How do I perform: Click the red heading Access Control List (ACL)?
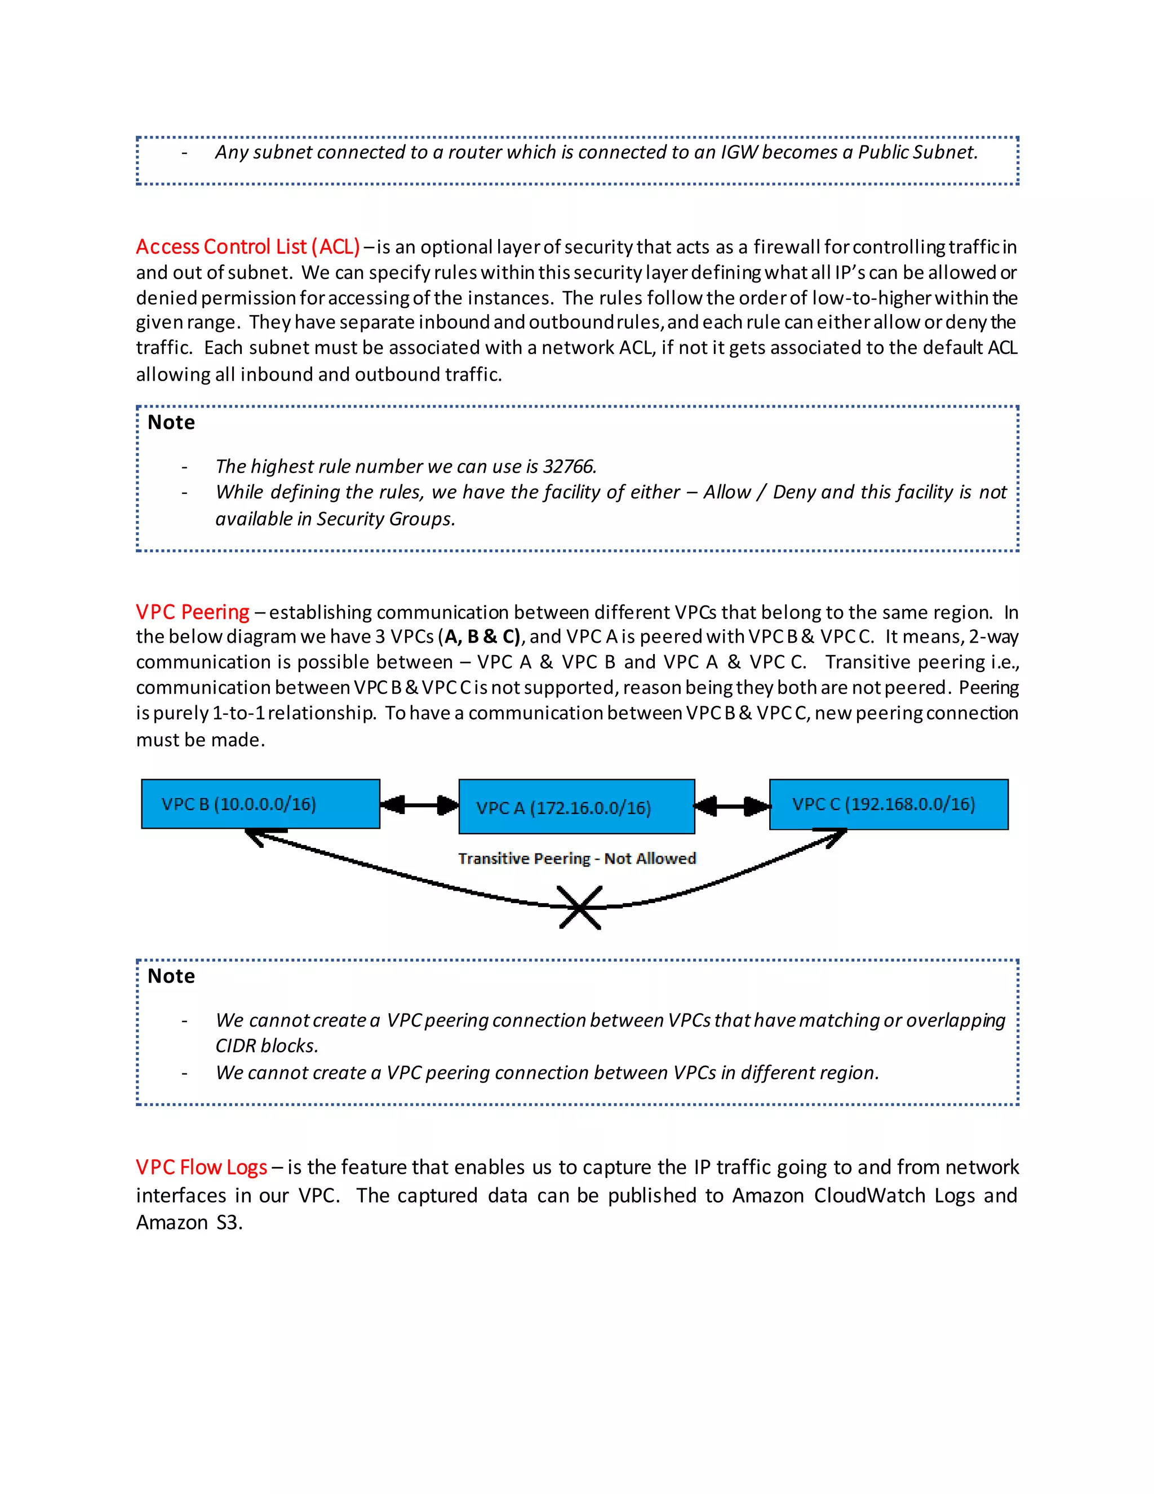coord(247,247)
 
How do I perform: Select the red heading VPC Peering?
coord(192,612)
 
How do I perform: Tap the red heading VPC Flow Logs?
coord(201,1167)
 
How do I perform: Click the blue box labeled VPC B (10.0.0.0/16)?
coord(260,804)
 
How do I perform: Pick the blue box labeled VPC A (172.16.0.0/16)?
coord(576,807)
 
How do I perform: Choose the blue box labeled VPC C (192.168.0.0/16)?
coord(888,805)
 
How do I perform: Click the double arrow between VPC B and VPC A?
coord(419,805)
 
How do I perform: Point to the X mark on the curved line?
coord(580,908)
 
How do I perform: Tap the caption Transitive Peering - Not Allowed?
coord(577,859)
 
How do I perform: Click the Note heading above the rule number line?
coord(171,423)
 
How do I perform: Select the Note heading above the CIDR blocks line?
coord(171,976)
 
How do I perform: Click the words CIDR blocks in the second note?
coord(266,1046)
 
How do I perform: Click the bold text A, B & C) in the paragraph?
coord(482,637)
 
